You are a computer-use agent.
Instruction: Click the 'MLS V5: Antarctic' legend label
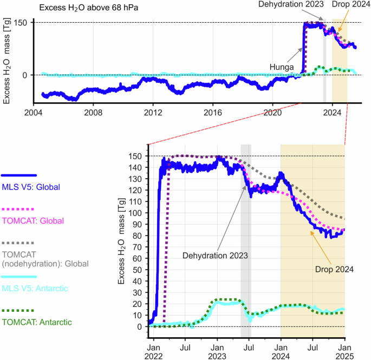35,289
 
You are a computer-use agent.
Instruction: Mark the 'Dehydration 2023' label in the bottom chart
215,255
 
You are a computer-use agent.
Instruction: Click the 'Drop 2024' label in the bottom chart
334,269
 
